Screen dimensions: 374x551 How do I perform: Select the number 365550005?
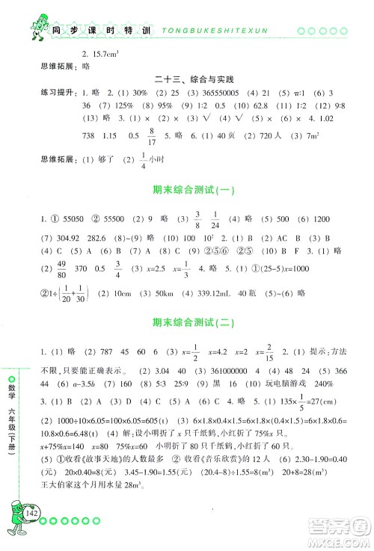[x=224, y=95]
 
